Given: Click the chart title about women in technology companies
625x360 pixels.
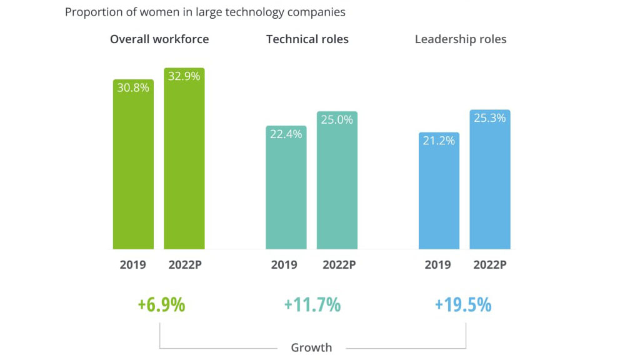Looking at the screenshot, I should tap(205, 12).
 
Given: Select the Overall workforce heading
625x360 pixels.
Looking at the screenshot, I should tap(159, 39).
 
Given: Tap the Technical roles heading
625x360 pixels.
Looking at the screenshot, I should tap(307, 39).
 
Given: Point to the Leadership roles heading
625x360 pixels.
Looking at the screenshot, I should tap(461, 39).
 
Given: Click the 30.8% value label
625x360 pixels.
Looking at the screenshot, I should tap(133, 88).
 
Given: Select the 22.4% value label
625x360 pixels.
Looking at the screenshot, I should tap(286, 134).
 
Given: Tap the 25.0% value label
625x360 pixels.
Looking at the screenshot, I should tap(337, 120).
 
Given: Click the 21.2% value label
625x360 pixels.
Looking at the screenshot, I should tap(439, 141).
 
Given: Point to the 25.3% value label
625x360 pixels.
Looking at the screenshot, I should tap(490, 118).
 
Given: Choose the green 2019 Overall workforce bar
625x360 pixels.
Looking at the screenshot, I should tap(133, 175).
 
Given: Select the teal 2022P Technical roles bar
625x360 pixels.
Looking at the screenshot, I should tap(337, 187).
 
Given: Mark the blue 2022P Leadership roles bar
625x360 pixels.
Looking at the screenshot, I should tap(490, 187).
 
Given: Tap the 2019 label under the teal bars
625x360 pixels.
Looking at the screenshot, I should tap(284, 264).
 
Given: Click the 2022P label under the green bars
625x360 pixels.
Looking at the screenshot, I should tap(185, 264).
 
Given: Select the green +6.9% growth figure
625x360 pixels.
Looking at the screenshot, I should tap(161, 305).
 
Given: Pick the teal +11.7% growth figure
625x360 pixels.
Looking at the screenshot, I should tap(312, 305).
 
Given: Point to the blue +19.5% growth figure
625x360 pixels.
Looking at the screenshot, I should tap(463, 305).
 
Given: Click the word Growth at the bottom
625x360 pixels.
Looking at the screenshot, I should tap(311, 347).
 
